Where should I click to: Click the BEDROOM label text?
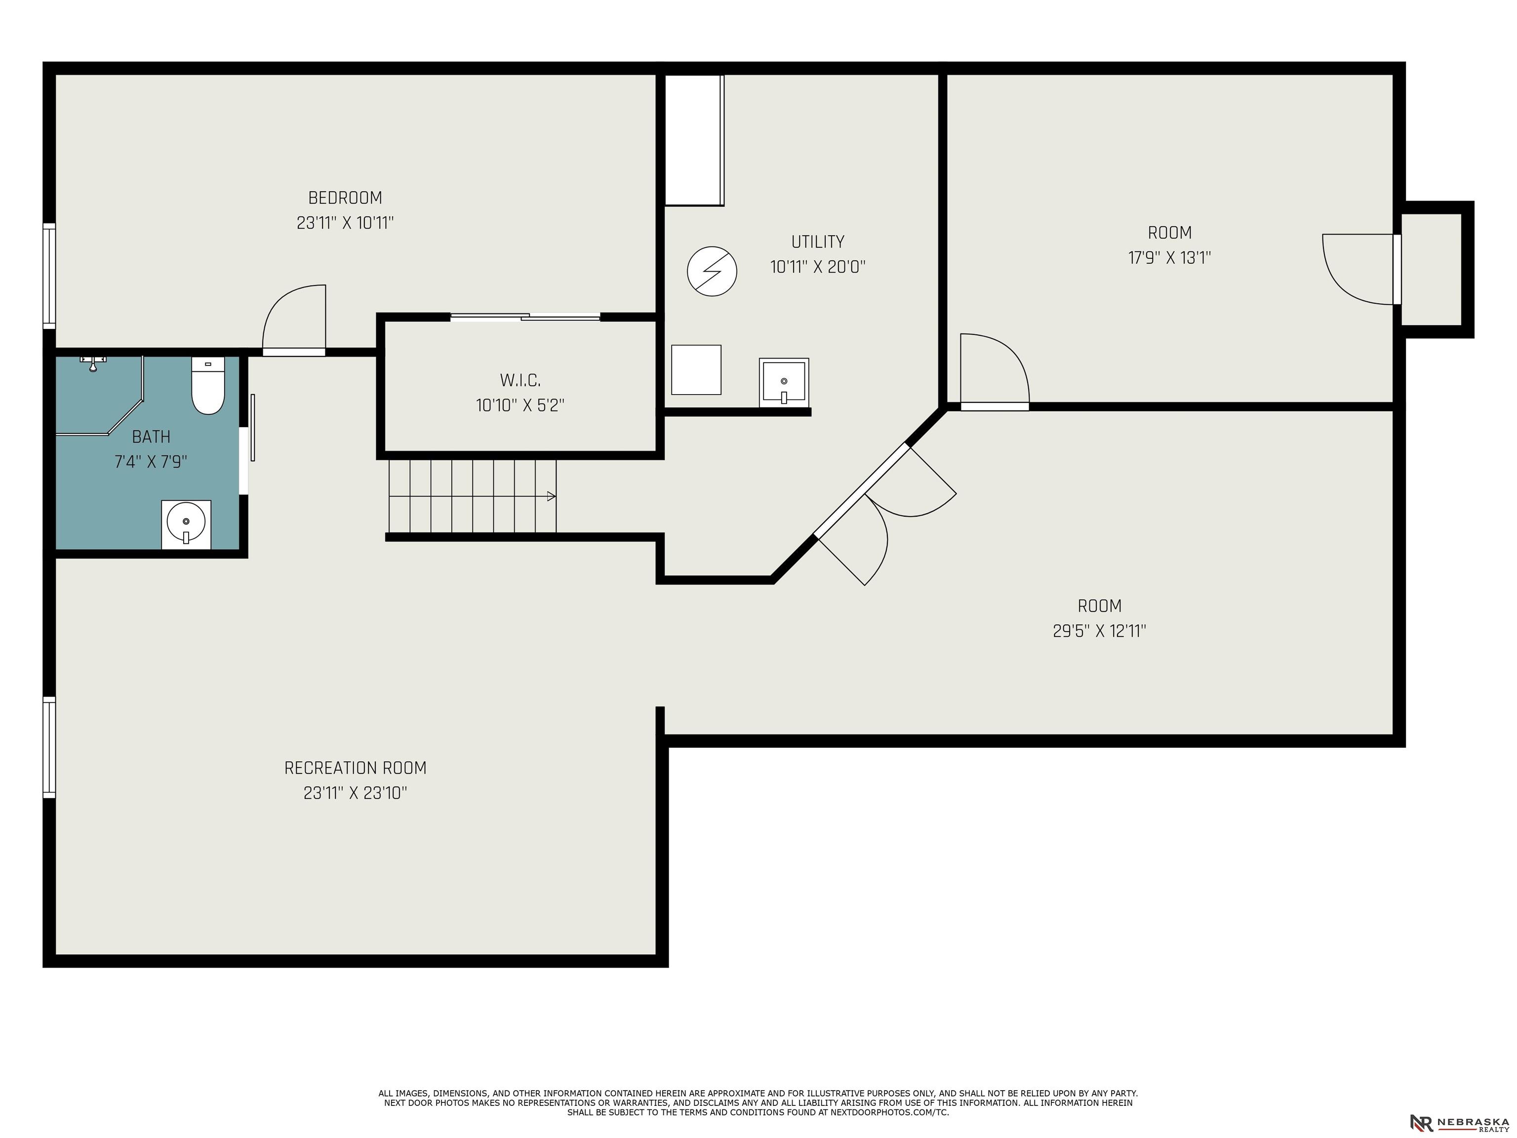345,198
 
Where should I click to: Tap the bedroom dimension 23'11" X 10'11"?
345,223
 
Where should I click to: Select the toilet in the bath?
208,385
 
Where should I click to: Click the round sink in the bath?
186,524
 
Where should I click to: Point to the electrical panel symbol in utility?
712,271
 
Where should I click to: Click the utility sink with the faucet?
784,382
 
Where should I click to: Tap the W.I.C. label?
520,380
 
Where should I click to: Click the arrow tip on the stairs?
555,496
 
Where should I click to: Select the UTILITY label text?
817,242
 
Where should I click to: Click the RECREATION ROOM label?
355,768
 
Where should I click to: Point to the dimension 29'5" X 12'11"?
1099,631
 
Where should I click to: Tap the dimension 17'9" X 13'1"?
1169,258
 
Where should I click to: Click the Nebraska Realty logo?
1459,1122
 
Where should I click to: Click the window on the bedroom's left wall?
49,275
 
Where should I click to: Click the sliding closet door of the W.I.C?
525,317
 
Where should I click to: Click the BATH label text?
151,437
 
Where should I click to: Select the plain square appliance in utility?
696,370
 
